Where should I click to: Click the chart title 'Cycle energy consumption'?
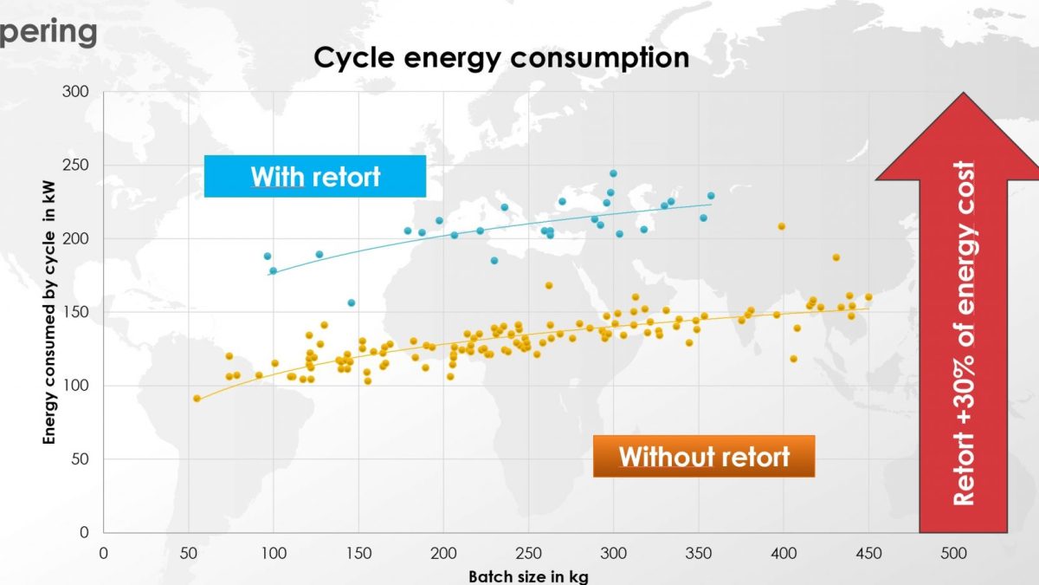tap(501, 58)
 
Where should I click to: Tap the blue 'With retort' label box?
tap(315, 177)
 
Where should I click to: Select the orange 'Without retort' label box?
tap(704, 456)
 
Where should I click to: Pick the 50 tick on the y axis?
tap(79, 459)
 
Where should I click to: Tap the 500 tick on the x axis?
tap(953, 552)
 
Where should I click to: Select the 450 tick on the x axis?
tap(868, 552)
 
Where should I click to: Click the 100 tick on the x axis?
tap(274, 552)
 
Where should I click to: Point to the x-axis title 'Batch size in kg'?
tap(528, 576)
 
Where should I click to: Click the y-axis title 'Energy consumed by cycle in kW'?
tap(50, 312)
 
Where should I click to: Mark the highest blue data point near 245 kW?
tap(613, 173)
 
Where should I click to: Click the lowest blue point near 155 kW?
tap(352, 302)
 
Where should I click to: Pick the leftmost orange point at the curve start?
tap(197, 399)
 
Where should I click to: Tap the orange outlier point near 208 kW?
tap(781, 226)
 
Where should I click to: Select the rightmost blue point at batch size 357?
tap(711, 196)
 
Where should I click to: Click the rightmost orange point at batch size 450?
tap(868, 297)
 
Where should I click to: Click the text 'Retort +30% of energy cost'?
tap(964, 334)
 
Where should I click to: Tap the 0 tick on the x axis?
tap(104, 552)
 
